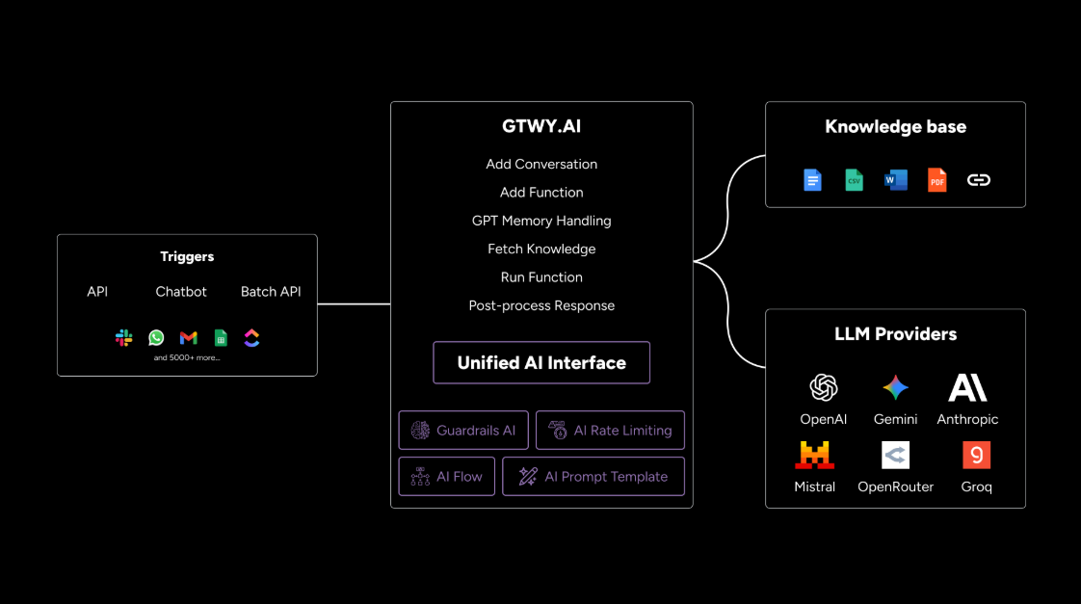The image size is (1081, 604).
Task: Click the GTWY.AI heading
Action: point(541,126)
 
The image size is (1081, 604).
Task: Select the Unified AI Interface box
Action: point(541,363)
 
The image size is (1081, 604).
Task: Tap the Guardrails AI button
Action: point(463,431)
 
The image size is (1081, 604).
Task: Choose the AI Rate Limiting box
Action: point(610,431)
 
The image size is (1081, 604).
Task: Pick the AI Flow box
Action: point(447,477)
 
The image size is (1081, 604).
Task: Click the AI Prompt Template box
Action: point(593,477)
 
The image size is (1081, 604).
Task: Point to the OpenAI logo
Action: point(824,388)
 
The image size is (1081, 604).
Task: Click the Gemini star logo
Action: point(895,388)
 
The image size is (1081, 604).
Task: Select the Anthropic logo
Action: point(967,388)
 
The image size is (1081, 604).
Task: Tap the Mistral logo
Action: point(815,455)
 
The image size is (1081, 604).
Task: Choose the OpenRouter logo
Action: point(895,455)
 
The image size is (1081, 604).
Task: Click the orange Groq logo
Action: point(976,455)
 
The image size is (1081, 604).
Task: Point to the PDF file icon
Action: point(937,180)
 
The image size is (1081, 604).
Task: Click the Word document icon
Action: point(896,180)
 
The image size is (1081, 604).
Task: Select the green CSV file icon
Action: point(855,180)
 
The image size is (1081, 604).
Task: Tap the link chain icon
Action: point(979,180)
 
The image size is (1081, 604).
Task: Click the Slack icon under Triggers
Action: point(124,338)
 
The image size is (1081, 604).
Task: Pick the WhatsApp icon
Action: point(156,338)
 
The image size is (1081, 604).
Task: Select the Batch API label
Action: point(271,292)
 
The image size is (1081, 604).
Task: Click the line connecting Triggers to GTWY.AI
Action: point(354,304)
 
